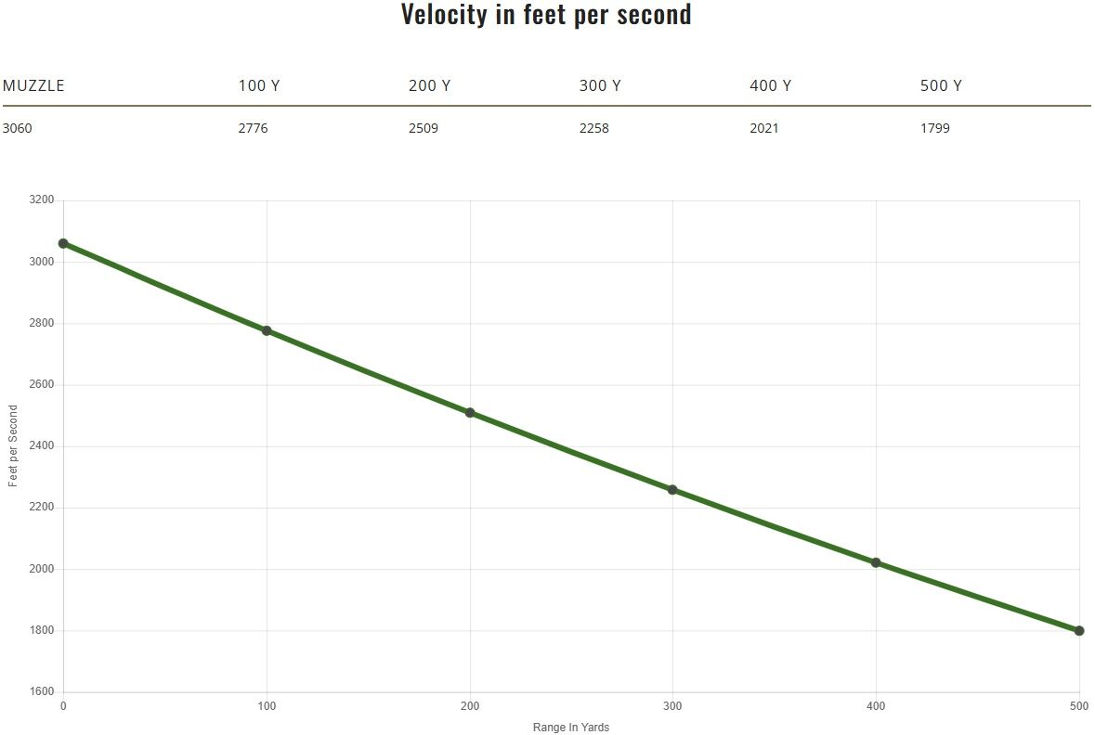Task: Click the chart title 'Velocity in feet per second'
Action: coord(546,15)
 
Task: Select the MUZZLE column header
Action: coord(33,85)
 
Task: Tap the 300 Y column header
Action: coord(600,85)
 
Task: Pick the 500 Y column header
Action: coord(941,85)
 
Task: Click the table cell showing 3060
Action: coord(18,128)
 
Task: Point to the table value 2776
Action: coord(253,128)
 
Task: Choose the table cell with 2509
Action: coord(424,128)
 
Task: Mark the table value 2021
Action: coord(764,128)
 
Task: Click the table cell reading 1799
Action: coord(935,128)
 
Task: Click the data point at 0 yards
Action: coord(63,243)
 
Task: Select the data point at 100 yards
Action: coord(267,330)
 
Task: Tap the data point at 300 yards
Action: coord(672,490)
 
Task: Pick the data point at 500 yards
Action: coord(1079,631)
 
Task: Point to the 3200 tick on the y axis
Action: coord(43,200)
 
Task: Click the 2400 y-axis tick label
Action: coord(43,446)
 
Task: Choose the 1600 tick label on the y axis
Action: coord(43,692)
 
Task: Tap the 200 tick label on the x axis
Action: coord(470,707)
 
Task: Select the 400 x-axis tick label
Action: coord(876,707)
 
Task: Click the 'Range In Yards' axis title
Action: coord(571,728)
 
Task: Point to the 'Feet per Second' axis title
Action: coord(13,446)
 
